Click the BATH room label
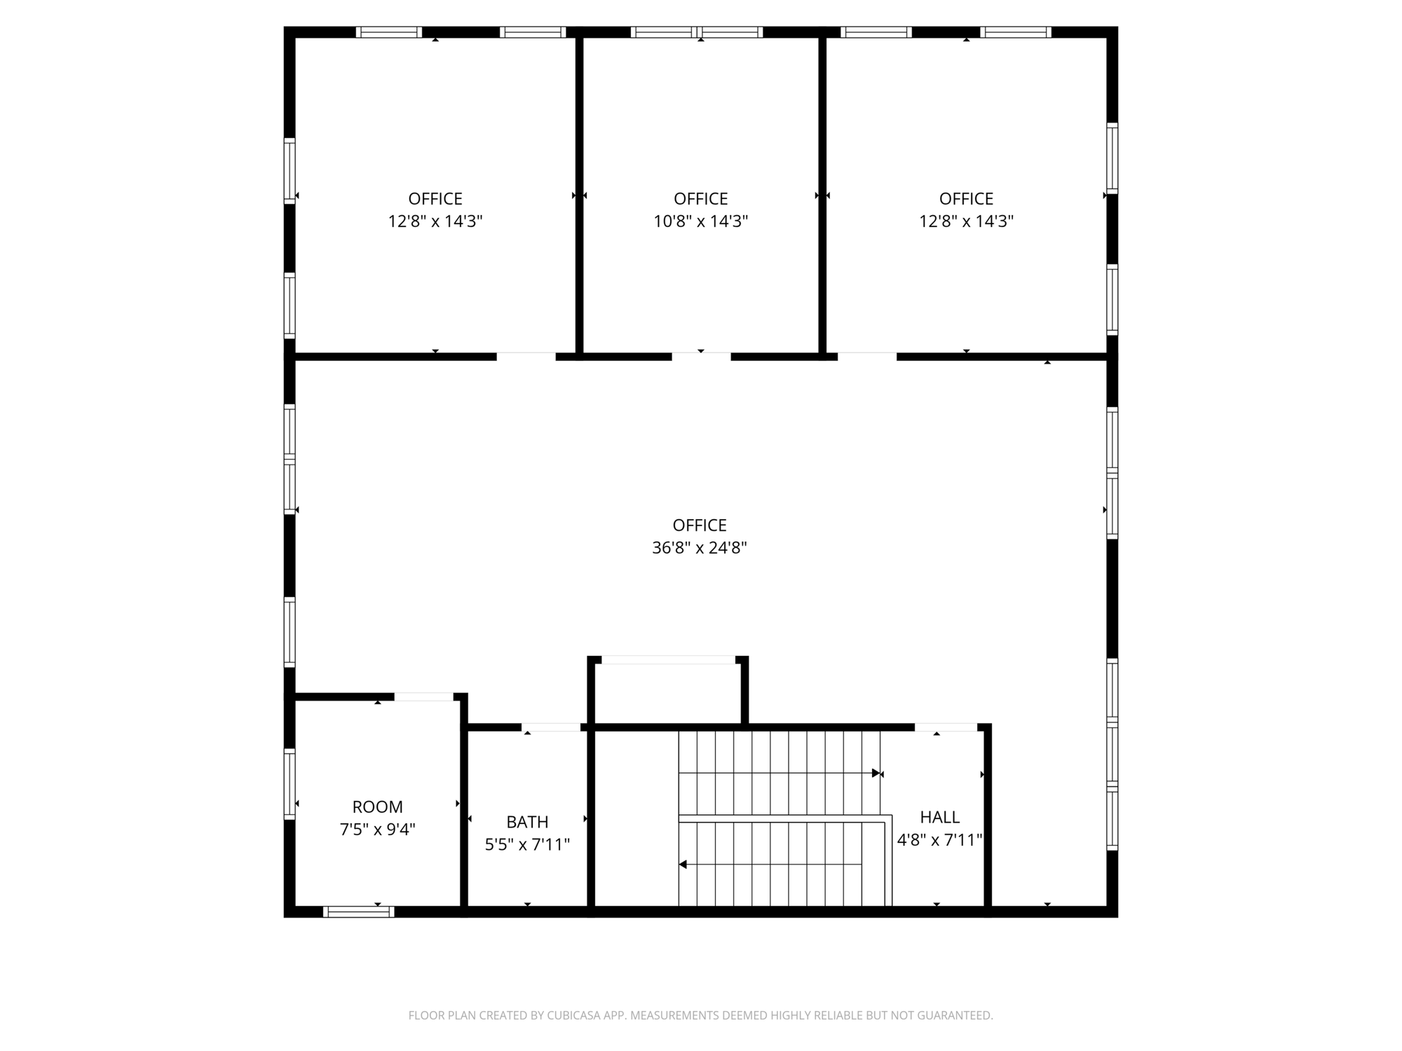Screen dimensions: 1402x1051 pos(527,821)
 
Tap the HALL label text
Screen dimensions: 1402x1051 pos(939,817)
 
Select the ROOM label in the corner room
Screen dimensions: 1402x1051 pos(377,806)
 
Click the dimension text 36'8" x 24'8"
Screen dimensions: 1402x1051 pos(700,547)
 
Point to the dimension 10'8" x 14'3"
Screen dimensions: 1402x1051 pos(701,221)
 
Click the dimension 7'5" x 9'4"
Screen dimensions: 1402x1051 pos(377,830)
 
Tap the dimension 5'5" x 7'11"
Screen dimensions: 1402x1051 pos(527,844)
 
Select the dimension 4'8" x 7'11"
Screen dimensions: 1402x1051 pos(939,839)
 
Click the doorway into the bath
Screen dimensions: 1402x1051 pos(551,727)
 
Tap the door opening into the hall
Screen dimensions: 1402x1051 pos(946,727)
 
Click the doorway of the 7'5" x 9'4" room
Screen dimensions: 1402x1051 pos(423,696)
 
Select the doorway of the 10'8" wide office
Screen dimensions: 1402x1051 pos(701,357)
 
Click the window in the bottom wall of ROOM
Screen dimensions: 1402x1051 pos(358,912)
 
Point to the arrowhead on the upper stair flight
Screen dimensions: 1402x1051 pos(876,773)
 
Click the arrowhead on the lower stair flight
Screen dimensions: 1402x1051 pos(683,865)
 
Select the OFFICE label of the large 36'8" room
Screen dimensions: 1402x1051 pos(700,525)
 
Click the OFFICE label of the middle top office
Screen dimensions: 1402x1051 pos(701,199)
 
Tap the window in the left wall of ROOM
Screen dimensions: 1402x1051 pos(289,783)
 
